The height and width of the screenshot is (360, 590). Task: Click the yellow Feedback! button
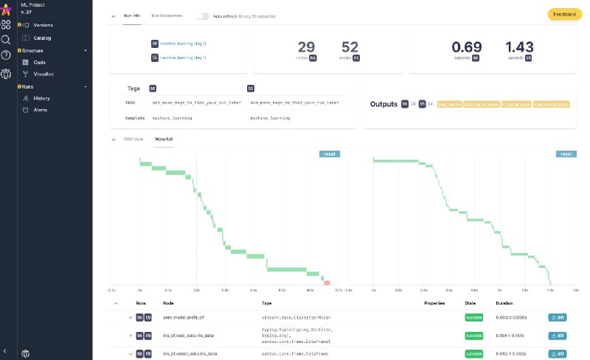565,14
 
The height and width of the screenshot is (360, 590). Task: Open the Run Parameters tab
168,15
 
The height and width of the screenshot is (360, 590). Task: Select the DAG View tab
133,139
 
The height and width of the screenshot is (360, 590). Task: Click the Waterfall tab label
163,139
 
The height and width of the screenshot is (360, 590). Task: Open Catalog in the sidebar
42,38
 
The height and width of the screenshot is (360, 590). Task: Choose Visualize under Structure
44,75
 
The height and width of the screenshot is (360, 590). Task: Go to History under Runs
41,98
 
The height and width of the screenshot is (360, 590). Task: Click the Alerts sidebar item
41,110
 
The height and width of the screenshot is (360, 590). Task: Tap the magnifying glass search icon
6,40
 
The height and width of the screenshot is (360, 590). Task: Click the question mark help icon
6,55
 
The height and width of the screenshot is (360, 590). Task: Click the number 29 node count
306,46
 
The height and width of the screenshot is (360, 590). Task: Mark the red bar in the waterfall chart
327,282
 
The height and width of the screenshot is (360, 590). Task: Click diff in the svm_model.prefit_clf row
558,317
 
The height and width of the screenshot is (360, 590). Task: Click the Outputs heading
383,105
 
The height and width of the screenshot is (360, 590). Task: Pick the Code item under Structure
40,63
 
